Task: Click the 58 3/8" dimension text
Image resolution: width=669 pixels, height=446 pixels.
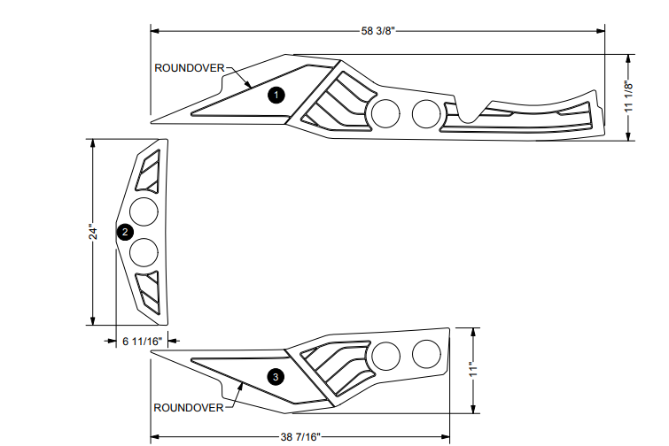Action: coord(377,31)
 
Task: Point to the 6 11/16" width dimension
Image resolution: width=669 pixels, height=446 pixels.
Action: coord(141,340)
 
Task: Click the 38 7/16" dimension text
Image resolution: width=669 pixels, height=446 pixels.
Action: coord(299,436)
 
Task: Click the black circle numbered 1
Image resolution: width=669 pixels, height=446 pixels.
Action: coord(276,93)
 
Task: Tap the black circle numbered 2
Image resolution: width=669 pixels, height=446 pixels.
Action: coord(125,232)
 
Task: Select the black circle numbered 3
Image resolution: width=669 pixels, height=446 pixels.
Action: coord(276,378)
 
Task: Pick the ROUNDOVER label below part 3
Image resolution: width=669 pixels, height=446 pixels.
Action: coord(189,408)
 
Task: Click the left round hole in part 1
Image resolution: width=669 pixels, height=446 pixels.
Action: coord(385,112)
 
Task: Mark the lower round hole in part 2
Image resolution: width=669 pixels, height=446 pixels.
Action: coord(144,253)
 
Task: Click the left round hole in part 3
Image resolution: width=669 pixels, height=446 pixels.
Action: coord(386,356)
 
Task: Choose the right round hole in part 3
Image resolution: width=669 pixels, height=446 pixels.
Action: coord(426,353)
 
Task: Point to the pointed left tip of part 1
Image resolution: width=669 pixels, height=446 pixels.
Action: coord(152,121)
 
